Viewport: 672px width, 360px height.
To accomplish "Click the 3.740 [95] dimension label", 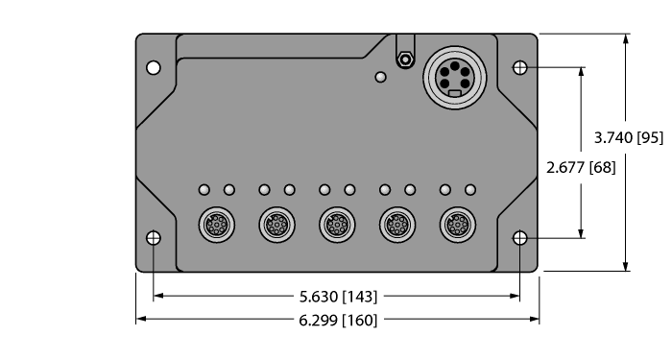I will click(629, 137).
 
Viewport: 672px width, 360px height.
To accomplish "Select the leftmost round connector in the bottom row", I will click(214, 225).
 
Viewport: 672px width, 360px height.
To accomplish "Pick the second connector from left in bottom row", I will click(275, 225).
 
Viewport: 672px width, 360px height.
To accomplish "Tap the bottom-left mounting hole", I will click(153, 238).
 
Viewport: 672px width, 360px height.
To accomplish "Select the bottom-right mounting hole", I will click(519, 238).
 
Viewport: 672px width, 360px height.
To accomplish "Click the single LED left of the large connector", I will click(381, 77).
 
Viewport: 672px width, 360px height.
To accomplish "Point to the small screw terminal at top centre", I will click(405, 60).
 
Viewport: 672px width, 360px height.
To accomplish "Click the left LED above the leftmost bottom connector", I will click(204, 190).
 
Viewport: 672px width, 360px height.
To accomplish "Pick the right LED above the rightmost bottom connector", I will click(470, 190).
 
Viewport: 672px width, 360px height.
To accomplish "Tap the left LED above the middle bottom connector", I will click(324, 190).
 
